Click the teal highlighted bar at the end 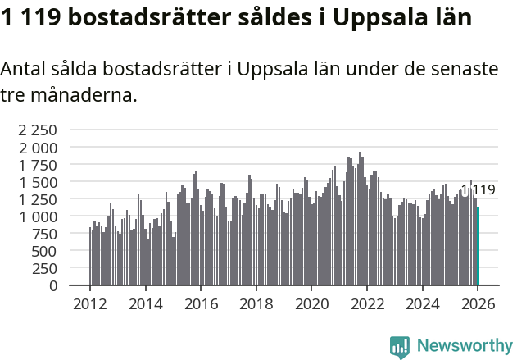pyautogui.click(x=478, y=246)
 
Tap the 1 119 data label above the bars pyautogui.click(x=478, y=190)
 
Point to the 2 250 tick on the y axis pyautogui.click(x=39, y=130)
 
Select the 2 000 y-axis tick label pyautogui.click(x=39, y=148)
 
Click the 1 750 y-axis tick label pyautogui.click(x=39, y=165)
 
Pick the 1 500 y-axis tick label pyautogui.click(x=39, y=182)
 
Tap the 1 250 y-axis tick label pyautogui.click(x=39, y=199)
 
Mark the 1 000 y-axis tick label pyautogui.click(x=39, y=216)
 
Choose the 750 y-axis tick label pyautogui.click(x=45, y=234)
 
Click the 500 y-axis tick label pyautogui.click(x=45, y=251)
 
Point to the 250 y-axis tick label pyautogui.click(x=45, y=268)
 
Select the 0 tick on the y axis pyautogui.click(x=53, y=286)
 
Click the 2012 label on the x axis pyautogui.click(x=90, y=304)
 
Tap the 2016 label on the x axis pyautogui.click(x=201, y=304)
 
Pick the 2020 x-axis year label pyautogui.click(x=311, y=304)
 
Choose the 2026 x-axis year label pyautogui.click(x=478, y=304)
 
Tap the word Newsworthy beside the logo pyautogui.click(x=464, y=346)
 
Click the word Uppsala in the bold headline pyautogui.click(x=377, y=19)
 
